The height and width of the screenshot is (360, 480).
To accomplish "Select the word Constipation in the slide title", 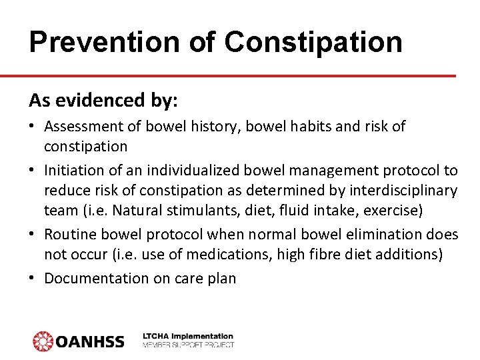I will (313, 41).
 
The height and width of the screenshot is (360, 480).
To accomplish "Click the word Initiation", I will (76, 171).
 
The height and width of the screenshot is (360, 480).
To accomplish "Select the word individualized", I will (178, 171).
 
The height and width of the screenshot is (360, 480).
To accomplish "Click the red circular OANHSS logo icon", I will (43, 341).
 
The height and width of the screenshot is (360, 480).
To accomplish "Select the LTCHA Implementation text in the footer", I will (189, 337).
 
